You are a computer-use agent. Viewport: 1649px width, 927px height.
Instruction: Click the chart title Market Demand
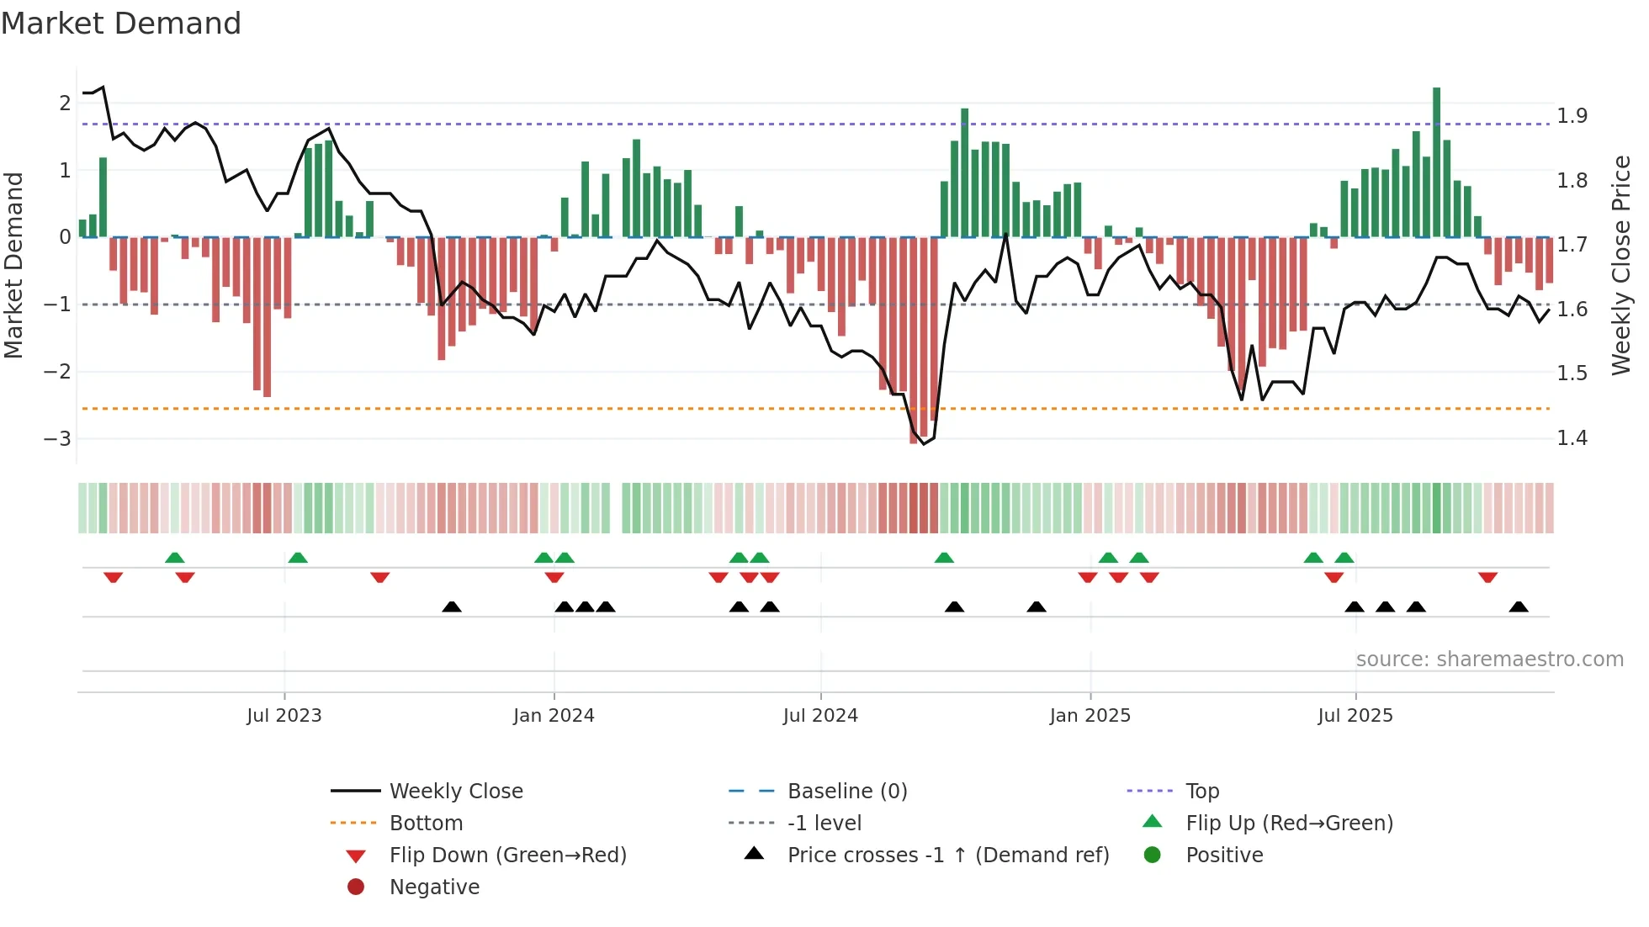(121, 24)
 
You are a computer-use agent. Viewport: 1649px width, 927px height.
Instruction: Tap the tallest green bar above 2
(1436, 160)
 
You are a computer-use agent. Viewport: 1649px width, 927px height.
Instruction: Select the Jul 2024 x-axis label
(820, 716)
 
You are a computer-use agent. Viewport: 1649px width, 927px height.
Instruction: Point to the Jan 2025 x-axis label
(1090, 716)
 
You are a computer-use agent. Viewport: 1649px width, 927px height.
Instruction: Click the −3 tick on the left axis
(57, 438)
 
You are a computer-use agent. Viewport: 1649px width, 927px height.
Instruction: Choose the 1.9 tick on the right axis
(1572, 116)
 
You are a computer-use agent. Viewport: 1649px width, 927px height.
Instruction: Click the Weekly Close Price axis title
(1620, 265)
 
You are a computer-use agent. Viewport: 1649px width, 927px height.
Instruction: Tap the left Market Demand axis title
(14, 265)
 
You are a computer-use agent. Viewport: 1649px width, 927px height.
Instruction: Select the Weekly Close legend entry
(455, 792)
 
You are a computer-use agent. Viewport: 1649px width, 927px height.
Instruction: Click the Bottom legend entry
(426, 824)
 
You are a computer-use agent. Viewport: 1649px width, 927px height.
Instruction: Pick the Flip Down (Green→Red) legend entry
(507, 855)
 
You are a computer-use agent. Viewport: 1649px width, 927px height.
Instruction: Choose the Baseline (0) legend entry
(846, 792)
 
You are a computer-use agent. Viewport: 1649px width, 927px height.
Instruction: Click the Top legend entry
(1202, 792)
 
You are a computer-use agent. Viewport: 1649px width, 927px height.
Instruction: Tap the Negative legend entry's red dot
(356, 887)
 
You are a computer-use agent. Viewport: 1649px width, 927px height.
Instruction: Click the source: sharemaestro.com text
(1489, 659)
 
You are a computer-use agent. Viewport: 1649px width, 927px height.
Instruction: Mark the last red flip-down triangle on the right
(1487, 577)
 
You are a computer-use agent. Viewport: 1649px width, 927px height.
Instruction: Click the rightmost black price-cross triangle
(1519, 607)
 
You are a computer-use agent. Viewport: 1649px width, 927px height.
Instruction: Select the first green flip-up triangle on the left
(175, 558)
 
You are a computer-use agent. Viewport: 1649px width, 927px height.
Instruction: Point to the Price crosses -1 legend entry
(947, 855)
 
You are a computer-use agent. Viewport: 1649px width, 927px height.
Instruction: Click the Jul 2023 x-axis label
(284, 716)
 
